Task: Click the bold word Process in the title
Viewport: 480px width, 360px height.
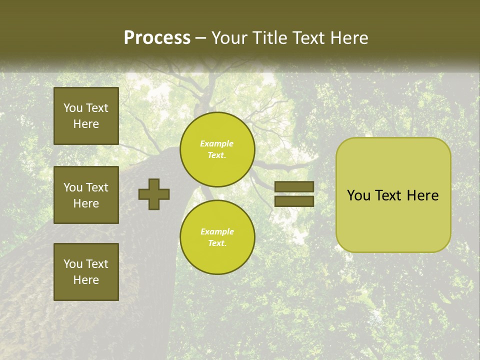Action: coord(157,38)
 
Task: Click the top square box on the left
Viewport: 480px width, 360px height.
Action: coord(86,116)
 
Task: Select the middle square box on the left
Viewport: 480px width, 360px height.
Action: coord(86,195)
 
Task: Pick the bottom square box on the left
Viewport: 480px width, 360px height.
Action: coord(86,272)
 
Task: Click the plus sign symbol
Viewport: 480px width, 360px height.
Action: coord(154,194)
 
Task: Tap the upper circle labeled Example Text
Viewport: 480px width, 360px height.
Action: coord(217,149)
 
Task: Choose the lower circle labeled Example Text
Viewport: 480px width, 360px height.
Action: coord(217,237)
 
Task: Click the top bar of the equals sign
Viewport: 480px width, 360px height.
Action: coord(294,187)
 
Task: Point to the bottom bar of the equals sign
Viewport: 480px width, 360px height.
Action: coord(294,201)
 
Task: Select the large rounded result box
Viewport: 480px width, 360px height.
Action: coord(393,194)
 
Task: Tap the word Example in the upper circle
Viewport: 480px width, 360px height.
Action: coord(217,144)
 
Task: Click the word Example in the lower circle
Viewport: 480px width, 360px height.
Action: coord(217,232)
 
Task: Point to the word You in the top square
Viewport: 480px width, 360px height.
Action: coord(73,108)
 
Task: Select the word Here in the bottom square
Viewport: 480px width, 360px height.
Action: coord(86,280)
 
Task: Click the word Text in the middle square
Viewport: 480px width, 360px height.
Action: coord(96,187)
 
